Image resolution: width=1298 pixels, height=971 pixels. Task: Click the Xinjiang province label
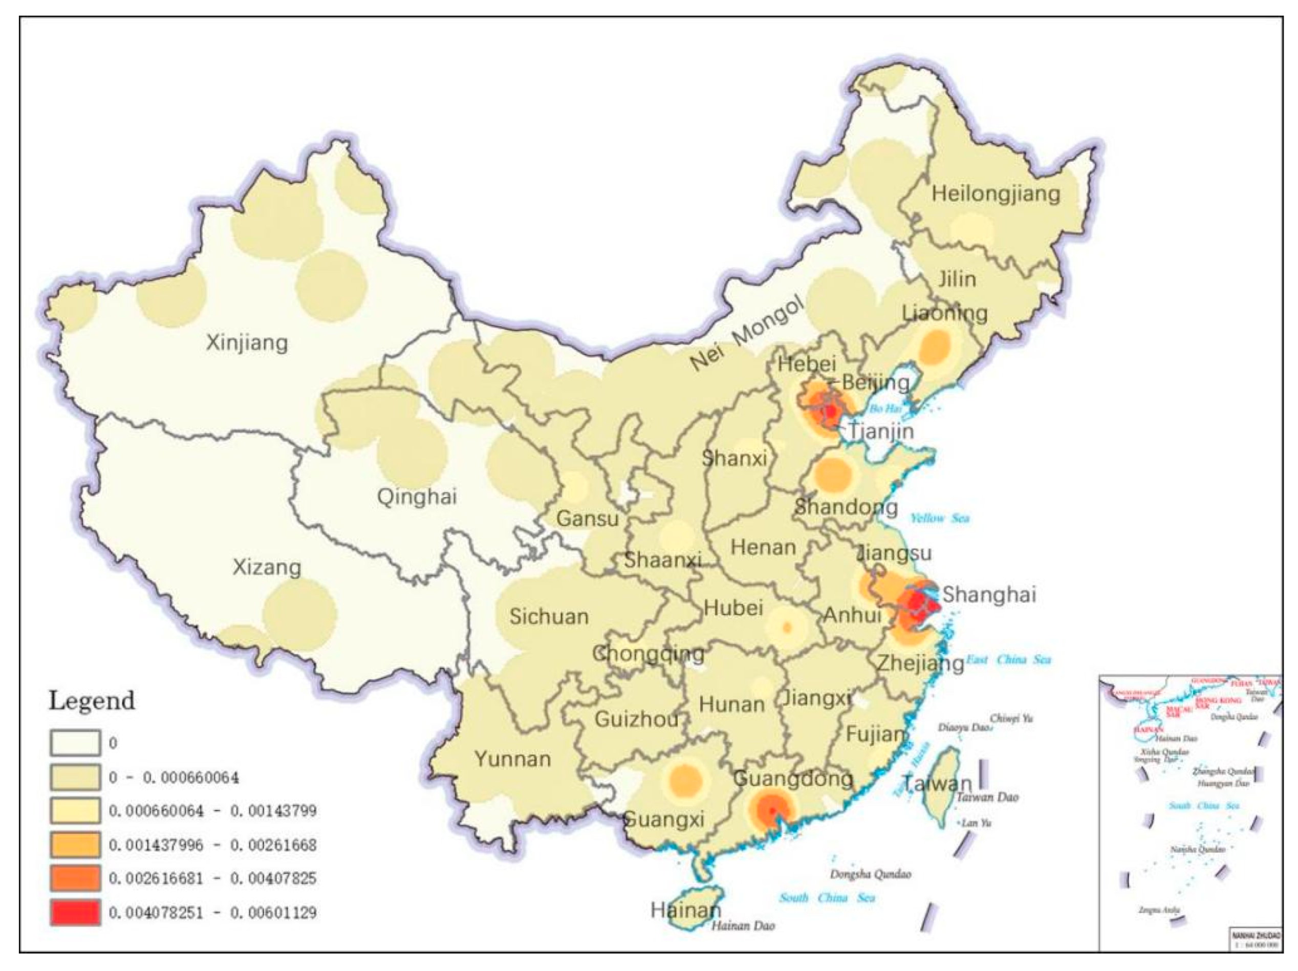247,342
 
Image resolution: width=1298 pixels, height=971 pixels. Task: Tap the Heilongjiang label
996,193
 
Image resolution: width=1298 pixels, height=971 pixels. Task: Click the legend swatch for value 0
75,743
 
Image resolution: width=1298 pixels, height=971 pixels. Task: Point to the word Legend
92,701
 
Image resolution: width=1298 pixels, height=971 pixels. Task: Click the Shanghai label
989,594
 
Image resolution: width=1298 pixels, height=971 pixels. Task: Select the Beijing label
876,382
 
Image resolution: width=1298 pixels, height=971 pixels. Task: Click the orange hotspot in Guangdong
772,810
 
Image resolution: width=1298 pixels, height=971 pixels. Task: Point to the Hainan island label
685,910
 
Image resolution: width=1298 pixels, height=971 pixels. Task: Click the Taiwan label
937,783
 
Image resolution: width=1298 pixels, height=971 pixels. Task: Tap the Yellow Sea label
940,518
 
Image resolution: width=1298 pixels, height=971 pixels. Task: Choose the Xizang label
267,567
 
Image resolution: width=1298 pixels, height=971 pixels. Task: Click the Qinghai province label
417,497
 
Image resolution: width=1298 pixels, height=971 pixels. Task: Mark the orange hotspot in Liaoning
934,346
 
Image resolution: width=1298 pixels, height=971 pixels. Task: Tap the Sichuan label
549,616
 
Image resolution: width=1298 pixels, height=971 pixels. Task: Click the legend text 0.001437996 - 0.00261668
212,845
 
